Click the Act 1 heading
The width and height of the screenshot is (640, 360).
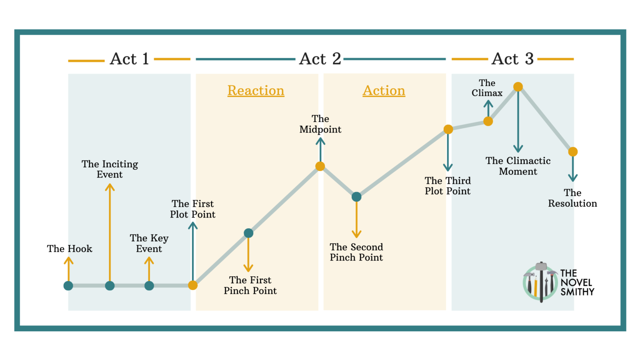coord(129,59)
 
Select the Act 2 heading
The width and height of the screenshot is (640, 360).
coord(320,59)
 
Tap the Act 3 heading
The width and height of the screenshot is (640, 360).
coord(512,59)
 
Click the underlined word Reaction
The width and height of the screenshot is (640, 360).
coord(256,91)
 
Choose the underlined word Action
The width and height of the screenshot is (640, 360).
coord(384,91)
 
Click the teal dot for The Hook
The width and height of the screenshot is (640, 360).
coord(68,286)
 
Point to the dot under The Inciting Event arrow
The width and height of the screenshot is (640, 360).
coord(110,286)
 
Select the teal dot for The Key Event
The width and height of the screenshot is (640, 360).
coord(149,286)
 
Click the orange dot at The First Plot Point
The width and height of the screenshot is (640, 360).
coord(192,285)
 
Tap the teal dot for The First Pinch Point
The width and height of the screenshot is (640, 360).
coord(248,233)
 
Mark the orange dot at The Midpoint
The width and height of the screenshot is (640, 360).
coord(320,167)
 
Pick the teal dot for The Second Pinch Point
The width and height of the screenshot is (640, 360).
coord(356,197)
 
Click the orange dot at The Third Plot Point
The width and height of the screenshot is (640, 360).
coord(448,130)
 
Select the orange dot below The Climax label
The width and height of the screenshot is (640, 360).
coord(488,121)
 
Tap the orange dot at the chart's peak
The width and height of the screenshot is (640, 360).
coord(518,87)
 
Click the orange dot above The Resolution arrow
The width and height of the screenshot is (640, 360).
coord(573,152)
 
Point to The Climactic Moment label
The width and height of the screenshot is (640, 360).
coord(518,166)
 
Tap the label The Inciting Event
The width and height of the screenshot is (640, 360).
coord(110,169)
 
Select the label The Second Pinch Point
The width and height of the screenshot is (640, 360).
coord(356,252)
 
